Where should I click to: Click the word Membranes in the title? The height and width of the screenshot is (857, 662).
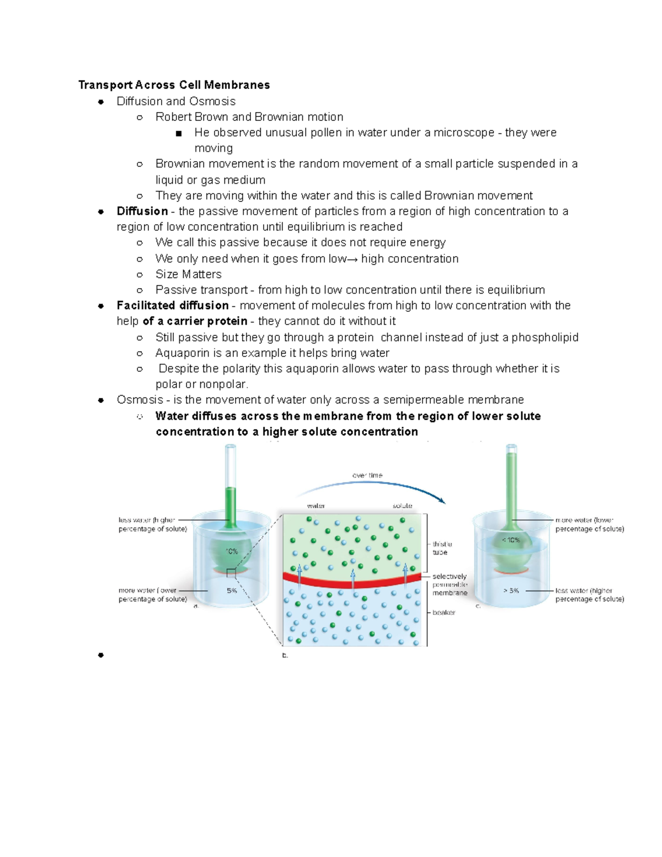237,85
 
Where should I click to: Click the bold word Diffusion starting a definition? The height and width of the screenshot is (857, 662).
142,211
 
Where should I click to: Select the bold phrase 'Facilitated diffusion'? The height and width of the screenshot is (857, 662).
173,306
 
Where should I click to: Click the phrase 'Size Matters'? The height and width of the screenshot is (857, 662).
188,274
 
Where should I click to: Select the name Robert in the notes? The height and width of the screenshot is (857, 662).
173,117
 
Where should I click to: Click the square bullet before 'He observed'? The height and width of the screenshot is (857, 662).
178,134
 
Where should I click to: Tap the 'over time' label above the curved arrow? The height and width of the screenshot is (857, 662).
367,475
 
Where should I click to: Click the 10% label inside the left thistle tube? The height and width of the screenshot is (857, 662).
232,551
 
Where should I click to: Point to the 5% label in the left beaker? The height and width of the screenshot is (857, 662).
232,590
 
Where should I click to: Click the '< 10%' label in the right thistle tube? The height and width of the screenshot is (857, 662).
510,540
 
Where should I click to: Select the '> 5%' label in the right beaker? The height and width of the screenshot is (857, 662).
511,590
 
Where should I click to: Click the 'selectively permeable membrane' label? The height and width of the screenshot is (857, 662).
450,584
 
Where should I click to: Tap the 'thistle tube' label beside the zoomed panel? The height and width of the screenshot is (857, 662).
442,548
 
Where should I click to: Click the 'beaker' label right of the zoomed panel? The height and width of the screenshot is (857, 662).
444,613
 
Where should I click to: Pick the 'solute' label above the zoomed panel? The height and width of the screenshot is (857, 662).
402,506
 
